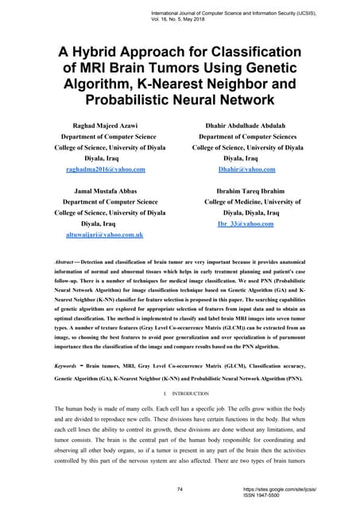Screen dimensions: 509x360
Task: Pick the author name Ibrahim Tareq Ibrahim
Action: coord(246,192)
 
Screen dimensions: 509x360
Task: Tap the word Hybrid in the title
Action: coord(105,54)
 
